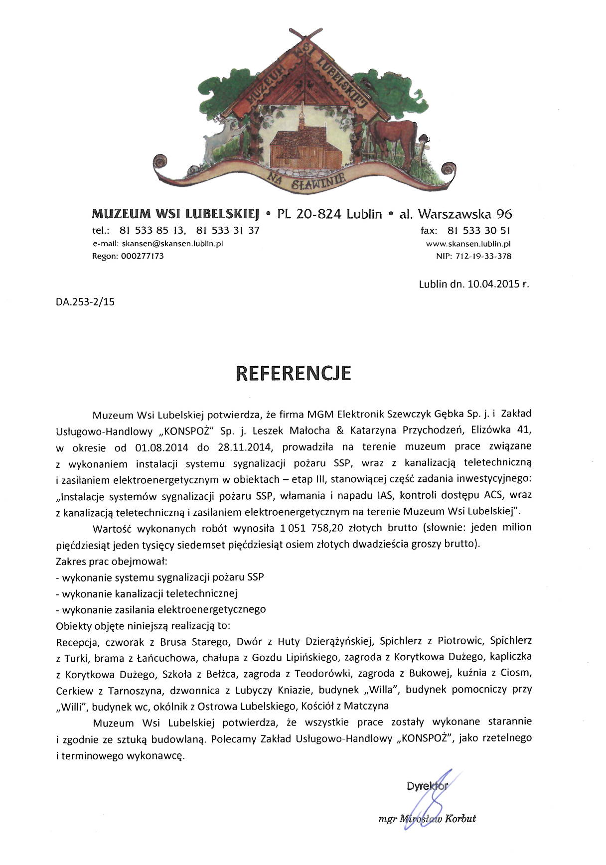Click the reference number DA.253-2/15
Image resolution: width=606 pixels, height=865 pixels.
[x=85, y=301]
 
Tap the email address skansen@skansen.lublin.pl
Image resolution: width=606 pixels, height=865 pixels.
[x=172, y=244]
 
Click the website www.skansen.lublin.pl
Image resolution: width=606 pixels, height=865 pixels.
[x=468, y=244]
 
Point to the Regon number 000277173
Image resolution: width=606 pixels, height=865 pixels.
[x=143, y=257]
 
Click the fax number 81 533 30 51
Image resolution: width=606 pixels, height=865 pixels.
[x=479, y=231]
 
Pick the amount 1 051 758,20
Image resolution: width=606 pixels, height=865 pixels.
[x=312, y=528]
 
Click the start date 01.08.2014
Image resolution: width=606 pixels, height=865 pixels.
[x=161, y=447]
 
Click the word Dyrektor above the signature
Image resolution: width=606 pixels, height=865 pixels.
[x=427, y=786]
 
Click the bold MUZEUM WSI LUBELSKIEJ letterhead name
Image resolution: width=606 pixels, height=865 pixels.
[x=176, y=214]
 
